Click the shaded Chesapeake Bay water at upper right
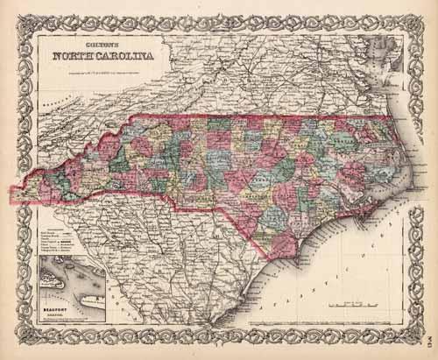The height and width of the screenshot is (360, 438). (386, 53)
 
